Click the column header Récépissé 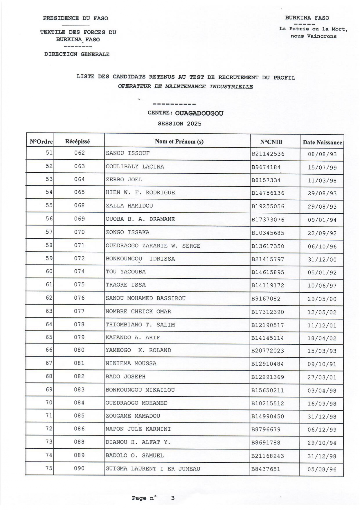pos(78,142)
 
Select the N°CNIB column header pos(271,142)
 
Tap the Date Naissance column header pos(322,142)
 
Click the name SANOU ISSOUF pos(128,153)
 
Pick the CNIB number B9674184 pos(266,167)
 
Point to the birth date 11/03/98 pos(322,181)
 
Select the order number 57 pos(49,232)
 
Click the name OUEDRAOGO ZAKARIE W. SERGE pos(153,246)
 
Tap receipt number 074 pos(79,271)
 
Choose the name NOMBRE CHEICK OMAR pos(138,312)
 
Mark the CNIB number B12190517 pos(268,325)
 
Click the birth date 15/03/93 pos(322,351)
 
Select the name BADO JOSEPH pos(125,377)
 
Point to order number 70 pos(49,403)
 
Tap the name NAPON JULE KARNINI pos(138,429)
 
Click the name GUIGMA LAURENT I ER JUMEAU pos(153,469)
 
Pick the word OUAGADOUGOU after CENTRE pos(199,113)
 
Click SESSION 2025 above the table pos(179,124)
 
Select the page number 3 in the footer pos(173,498)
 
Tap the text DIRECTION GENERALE pos(77,54)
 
